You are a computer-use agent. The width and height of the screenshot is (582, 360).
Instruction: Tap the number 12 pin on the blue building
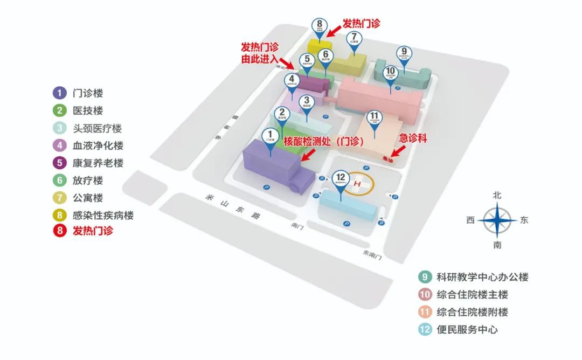tap(339, 178)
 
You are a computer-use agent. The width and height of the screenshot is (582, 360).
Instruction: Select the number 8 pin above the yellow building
tap(320, 24)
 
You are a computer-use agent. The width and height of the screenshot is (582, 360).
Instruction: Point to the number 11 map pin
tap(375, 117)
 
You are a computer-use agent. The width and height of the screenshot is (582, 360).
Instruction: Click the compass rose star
tap(497, 220)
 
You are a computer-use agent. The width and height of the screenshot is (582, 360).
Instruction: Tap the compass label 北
tap(497, 196)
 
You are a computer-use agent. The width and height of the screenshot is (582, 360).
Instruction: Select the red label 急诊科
tap(413, 139)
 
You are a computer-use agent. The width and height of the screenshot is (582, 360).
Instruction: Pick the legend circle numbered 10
tap(425, 295)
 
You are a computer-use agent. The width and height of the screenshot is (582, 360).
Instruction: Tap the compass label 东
tap(524, 220)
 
